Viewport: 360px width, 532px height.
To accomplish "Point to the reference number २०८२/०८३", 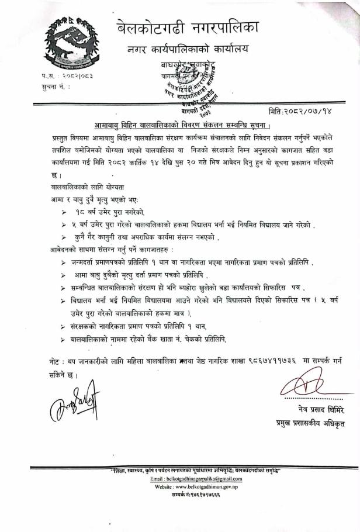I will (79, 76).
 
